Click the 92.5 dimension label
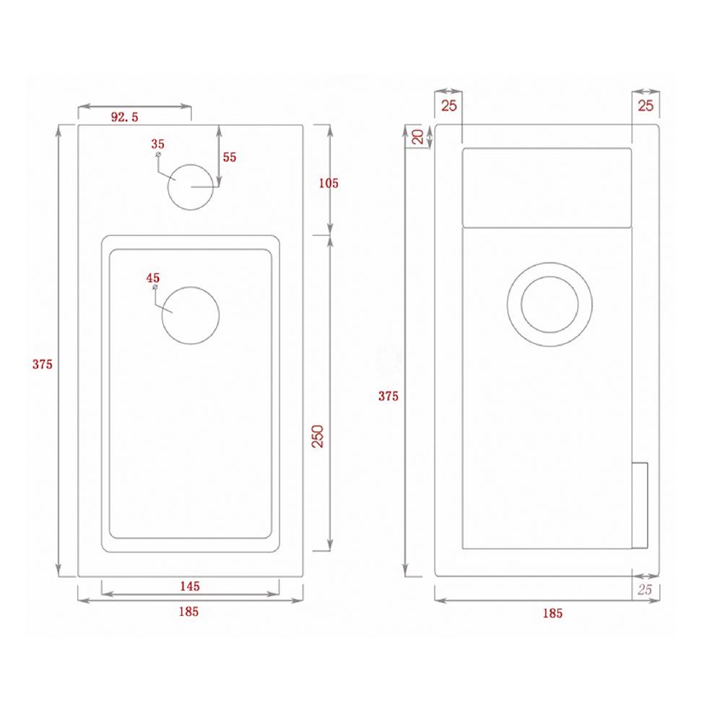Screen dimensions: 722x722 (125, 117)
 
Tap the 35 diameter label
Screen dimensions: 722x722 (159, 143)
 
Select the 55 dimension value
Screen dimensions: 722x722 (230, 157)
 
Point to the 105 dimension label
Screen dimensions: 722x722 (329, 183)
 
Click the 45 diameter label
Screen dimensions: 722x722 (152, 277)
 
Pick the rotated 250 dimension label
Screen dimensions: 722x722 (317, 436)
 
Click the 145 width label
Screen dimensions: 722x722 (189, 586)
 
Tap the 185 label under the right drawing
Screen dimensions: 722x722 (552, 613)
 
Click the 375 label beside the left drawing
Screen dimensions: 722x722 (43, 364)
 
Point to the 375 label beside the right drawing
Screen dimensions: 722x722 (388, 396)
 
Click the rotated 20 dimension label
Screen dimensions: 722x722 (417, 136)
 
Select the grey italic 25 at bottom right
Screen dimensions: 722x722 (645, 590)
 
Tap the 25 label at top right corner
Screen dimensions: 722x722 (645, 106)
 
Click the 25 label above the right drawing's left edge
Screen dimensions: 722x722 (448, 106)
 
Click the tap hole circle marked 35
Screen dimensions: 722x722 (192, 186)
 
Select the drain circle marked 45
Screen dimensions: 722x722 (191, 314)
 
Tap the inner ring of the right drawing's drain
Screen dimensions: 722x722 (549, 305)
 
